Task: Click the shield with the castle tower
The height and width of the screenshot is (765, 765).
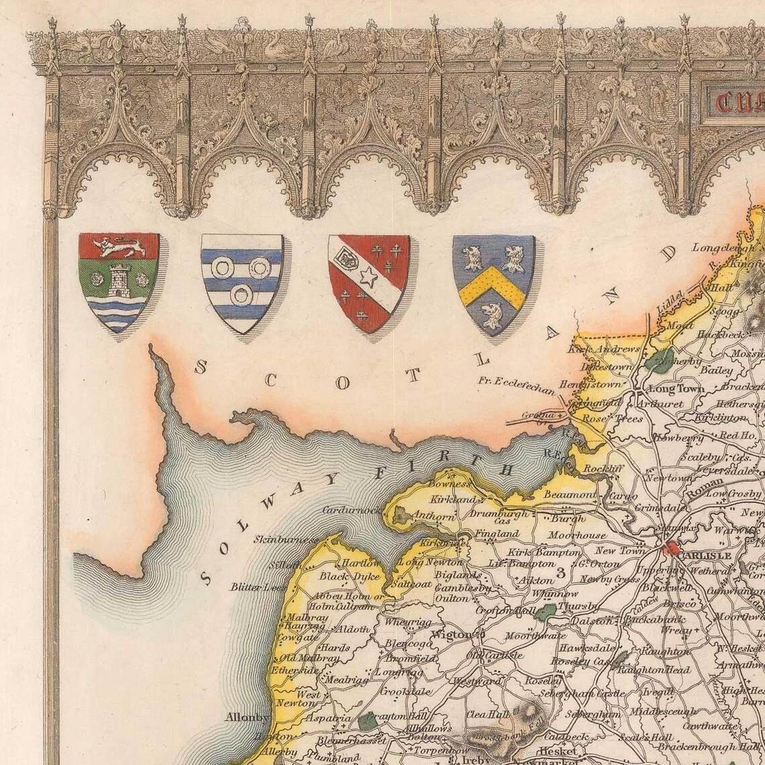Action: click(x=119, y=282)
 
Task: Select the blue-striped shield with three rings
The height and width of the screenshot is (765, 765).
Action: click(x=242, y=282)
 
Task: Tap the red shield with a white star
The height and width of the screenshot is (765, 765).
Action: click(x=368, y=282)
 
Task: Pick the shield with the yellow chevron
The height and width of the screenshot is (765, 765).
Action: click(x=493, y=283)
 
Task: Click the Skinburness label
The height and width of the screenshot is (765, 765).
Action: click(x=287, y=539)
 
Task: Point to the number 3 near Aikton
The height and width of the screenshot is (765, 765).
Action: click(x=558, y=572)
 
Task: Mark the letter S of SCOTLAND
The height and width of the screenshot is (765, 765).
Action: click(x=199, y=366)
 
